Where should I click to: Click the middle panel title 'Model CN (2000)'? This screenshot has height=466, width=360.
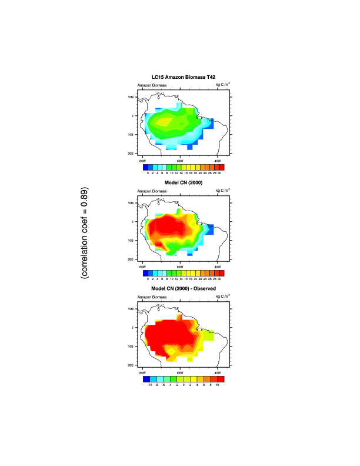point(180,184)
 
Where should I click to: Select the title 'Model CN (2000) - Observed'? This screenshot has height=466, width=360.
point(180,289)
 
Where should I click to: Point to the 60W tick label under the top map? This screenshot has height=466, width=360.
point(180,161)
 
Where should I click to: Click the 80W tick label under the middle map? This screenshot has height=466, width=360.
point(142,267)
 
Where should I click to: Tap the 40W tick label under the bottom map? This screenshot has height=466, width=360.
point(218,372)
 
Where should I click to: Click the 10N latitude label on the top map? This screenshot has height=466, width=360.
point(132,96)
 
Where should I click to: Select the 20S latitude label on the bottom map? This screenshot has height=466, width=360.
point(132,365)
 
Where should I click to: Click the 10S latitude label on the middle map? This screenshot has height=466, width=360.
point(132,240)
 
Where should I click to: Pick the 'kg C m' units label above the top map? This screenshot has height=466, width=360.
point(222,85)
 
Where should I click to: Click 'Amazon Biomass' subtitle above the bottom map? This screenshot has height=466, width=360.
point(152,297)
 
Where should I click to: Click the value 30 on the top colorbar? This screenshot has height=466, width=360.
point(219,174)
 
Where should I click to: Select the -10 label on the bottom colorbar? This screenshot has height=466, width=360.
point(150,385)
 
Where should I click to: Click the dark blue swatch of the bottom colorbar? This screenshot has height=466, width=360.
point(146,379)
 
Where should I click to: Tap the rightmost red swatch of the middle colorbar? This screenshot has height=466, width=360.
point(221,273)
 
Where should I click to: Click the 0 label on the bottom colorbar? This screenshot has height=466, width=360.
point(184,385)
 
